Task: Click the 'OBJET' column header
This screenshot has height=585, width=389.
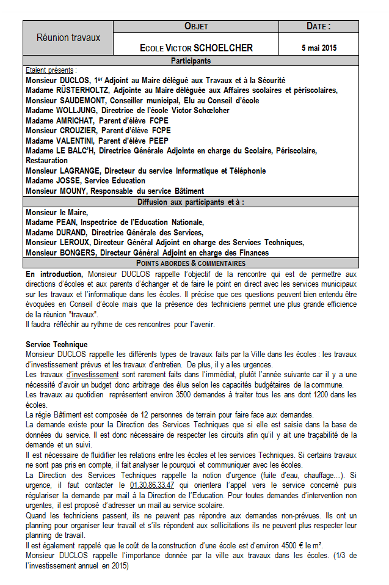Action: coord(196,26)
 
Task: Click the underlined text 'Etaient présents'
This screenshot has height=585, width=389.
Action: coord(50,70)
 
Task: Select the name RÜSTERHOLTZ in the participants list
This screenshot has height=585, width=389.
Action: coord(85,90)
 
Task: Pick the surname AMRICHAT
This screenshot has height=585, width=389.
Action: coord(77,120)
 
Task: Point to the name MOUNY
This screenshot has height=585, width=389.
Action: coord(75,191)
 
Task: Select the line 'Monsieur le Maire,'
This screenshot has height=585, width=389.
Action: coord(57,212)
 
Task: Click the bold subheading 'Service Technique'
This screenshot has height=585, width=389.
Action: coord(56,345)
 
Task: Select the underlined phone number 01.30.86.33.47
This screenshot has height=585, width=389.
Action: coord(151,468)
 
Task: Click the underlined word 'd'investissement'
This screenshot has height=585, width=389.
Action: coord(92,374)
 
